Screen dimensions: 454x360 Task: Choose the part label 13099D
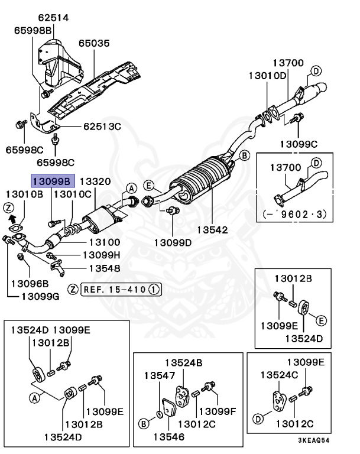pos(173,242)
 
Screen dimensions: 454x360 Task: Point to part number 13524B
pos(184,362)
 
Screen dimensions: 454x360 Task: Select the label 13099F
pos(218,411)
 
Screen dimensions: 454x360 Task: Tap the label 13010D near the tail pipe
pos(267,76)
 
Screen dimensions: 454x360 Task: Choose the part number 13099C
pos(299,144)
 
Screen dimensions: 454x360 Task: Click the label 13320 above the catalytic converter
pos(95,181)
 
